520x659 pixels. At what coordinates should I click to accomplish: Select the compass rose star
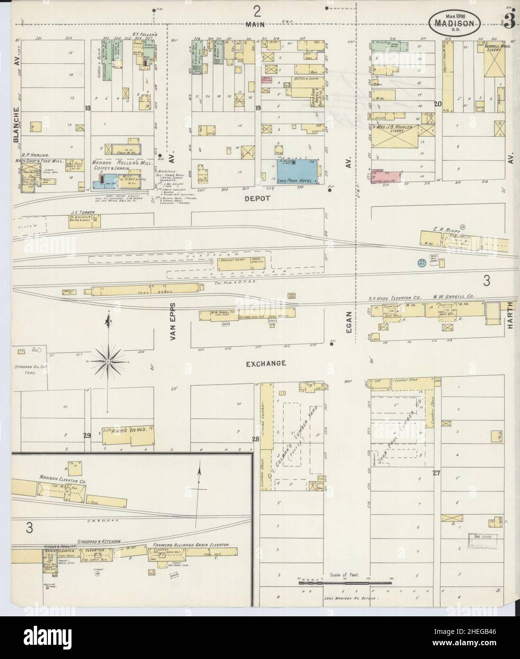point(108,361)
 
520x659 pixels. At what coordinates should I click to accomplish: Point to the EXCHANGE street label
point(265,364)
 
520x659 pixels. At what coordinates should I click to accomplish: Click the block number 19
point(258,109)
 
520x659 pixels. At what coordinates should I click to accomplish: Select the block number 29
point(87,436)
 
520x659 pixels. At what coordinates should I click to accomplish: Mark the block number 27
point(436,472)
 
